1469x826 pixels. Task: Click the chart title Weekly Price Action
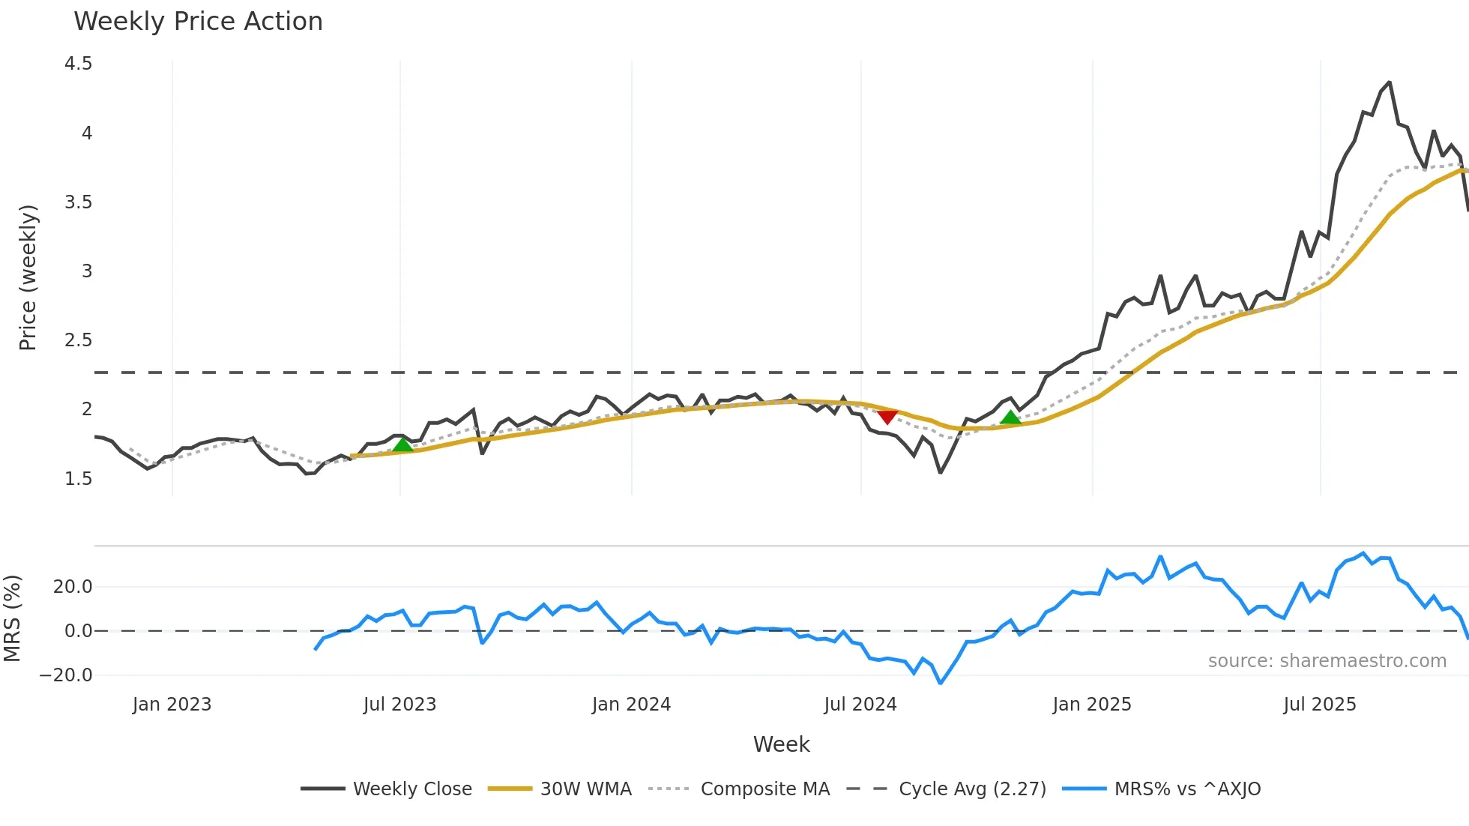(x=198, y=22)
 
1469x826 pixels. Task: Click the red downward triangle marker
(x=887, y=417)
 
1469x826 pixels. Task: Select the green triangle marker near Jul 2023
(x=403, y=444)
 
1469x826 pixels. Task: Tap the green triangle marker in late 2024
(x=1010, y=417)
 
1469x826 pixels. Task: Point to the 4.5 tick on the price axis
(x=79, y=64)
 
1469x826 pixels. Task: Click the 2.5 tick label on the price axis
(x=79, y=340)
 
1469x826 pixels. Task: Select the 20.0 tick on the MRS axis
(x=73, y=587)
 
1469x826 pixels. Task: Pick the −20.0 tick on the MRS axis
(x=66, y=675)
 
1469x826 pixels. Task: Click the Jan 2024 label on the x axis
(x=631, y=705)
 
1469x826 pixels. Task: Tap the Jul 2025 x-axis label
(x=1320, y=705)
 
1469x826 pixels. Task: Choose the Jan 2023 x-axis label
(x=172, y=705)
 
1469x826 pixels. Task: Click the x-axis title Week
(x=781, y=744)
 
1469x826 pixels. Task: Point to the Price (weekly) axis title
(x=28, y=277)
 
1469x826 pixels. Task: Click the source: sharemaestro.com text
(x=1327, y=661)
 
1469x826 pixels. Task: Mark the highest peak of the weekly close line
(x=1390, y=82)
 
